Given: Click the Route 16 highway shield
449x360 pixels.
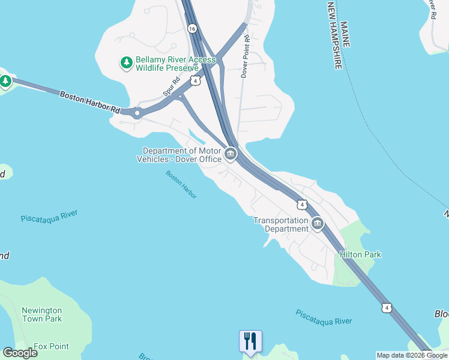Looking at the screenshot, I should point(191,28).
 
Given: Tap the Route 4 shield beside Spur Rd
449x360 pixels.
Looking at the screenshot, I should point(196,80).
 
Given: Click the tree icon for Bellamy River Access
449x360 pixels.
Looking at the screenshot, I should point(127,63).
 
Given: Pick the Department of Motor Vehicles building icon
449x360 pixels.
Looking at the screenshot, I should point(231,155).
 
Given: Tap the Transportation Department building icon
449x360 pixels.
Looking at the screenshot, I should point(318,224).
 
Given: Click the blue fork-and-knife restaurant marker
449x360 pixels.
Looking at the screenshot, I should point(250,341).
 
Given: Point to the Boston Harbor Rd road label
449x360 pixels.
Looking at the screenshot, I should point(90,102).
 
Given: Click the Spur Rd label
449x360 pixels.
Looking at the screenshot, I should point(172,88).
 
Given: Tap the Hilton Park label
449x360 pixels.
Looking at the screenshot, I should point(360,254).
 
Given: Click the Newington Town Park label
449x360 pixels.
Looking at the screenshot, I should point(42,314).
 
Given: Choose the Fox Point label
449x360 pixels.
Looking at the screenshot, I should point(51,346).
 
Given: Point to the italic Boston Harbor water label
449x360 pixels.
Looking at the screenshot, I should point(181,185).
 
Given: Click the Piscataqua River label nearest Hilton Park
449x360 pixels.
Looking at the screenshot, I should point(324,317).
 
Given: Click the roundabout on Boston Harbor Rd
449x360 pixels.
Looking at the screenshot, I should point(137,112).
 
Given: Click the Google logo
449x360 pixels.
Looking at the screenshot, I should point(20,353).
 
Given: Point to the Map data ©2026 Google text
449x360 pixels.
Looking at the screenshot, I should point(412,355).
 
